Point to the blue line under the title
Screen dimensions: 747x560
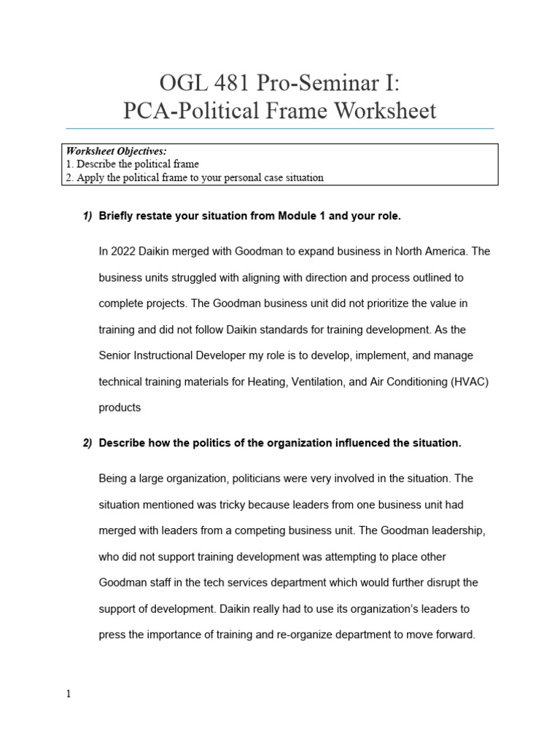(x=279, y=128)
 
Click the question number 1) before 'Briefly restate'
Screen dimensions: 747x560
(x=87, y=216)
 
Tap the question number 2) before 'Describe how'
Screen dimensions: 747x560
(x=87, y=443)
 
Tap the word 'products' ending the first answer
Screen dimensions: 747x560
(x=120, y=408)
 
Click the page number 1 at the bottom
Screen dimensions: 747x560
(x=69, y=694)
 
